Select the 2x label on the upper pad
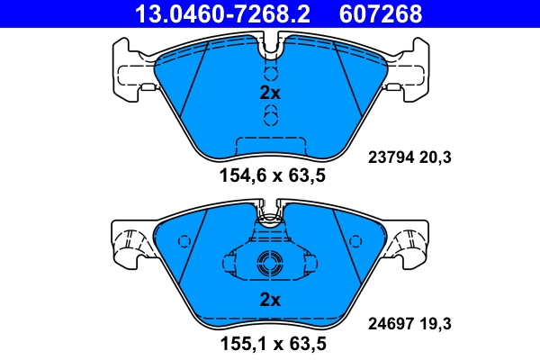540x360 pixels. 270,93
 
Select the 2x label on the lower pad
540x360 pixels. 270,300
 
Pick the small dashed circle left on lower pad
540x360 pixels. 186,241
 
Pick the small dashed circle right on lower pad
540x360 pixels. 354,241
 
